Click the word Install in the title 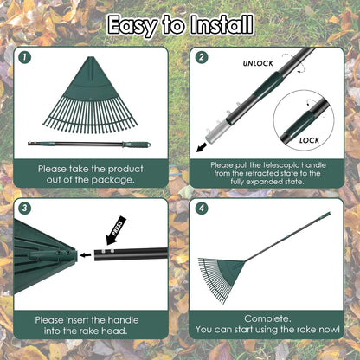coord(221,23)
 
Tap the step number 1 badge coord(25,58)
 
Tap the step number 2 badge coord(202,58)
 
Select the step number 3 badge coord(25,209)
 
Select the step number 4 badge coord(202,209)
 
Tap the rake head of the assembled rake coord(222,274)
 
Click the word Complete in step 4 coord(267,318)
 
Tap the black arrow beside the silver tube coord(201,148)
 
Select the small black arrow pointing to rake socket coord(84,255)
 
